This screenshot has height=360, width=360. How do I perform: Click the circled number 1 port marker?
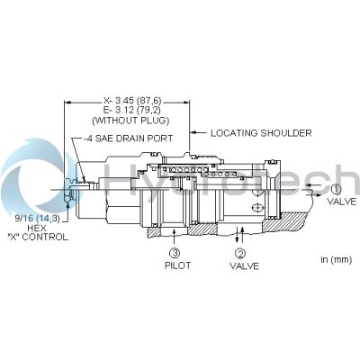click(x=337, y=189)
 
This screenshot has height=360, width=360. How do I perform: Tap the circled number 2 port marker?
click(x=240, y=254)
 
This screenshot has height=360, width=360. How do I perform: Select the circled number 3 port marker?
click(x=175, y=253)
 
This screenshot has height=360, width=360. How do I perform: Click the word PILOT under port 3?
click(x=177, y=265)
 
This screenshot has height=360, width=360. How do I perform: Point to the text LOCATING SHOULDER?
click(x=261, y=133)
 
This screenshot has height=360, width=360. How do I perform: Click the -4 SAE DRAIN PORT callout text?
click(x=128, y=139)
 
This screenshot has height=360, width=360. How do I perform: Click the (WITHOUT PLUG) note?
click(x=130, y=121)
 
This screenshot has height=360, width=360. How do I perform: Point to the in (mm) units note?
click(x=336, y=259)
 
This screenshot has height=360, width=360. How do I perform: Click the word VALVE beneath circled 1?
click(x=342, y=202)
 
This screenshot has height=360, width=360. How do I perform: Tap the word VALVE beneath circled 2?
click(x=244, y=265)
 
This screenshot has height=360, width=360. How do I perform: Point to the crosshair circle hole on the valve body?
click(x=257, y=208)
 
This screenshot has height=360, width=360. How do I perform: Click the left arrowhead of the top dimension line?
click(x=68, y=103)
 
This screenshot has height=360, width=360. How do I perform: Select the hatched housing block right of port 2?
click(x=281, y=221)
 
